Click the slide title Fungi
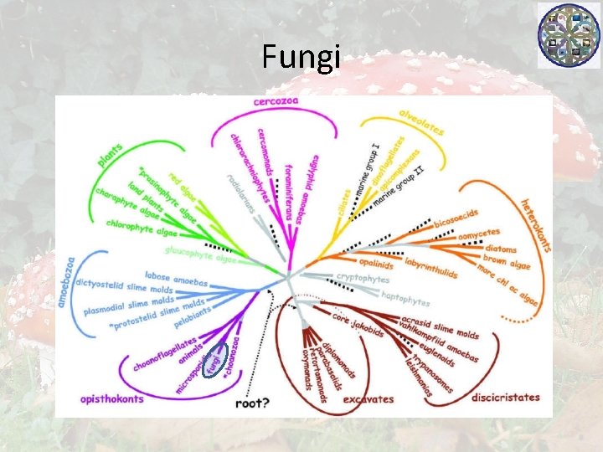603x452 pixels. [x=301, y=57]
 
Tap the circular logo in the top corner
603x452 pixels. [x=569, y=34]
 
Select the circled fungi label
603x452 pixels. [x=216, y=361]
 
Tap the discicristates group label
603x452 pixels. [x=505, y=397]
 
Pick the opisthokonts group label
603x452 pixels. [x=111, y=399]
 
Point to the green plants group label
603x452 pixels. [x=110, y=157]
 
